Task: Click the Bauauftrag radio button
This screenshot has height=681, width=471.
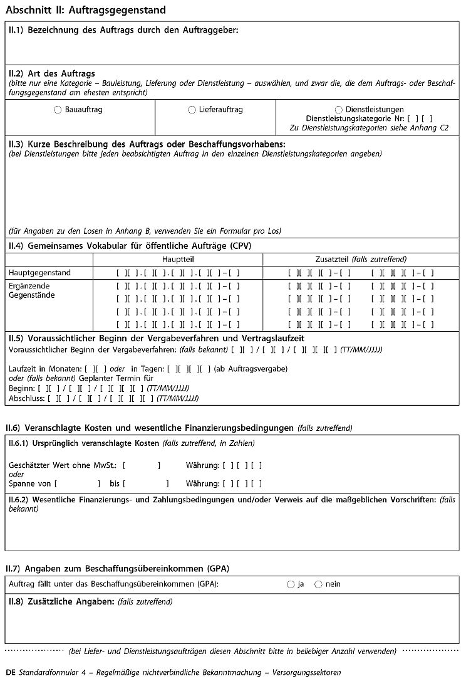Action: point(58,110)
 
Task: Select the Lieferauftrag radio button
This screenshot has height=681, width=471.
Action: point(192,110)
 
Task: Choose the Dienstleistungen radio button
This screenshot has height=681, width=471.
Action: point(339,110)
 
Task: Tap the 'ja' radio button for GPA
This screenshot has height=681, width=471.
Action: point(291,584)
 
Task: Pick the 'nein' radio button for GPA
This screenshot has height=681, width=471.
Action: point(318,584)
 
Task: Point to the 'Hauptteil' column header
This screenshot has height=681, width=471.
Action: point(178,259)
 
